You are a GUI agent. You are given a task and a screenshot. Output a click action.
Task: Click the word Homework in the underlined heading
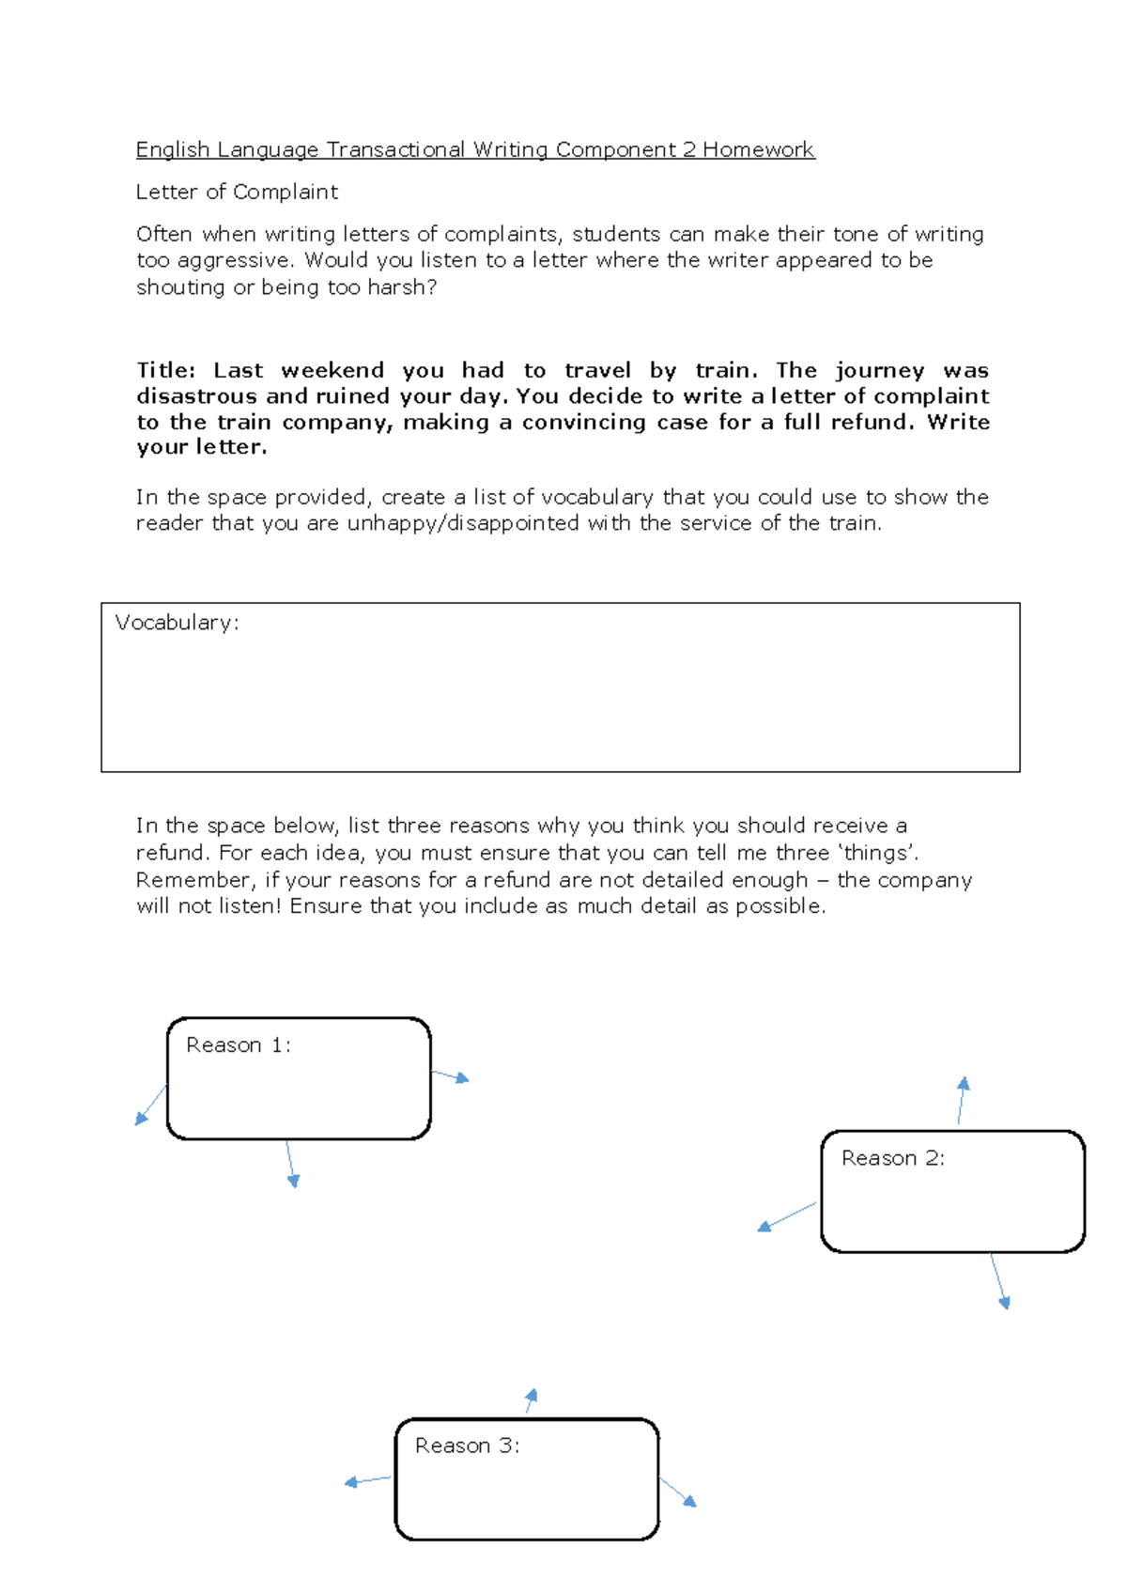point(758,149)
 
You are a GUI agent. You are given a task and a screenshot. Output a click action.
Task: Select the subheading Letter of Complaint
point(237,192)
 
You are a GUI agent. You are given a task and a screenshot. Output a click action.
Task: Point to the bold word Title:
point(166,370)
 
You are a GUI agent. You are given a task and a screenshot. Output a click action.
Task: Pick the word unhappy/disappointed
point(463,523)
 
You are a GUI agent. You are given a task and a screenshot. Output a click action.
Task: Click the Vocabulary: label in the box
point(177,622)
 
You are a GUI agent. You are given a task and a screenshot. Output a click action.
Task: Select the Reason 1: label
point(239,1044)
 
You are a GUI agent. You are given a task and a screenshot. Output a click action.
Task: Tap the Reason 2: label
point(892,1158)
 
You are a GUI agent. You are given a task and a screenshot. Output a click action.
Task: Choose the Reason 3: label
point(467,1446)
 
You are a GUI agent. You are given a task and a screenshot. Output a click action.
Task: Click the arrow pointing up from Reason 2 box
point(962,1100)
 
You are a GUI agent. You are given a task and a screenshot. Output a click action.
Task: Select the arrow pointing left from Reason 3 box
point(367,1480)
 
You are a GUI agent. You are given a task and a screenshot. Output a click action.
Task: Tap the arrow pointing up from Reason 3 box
point(531,1400)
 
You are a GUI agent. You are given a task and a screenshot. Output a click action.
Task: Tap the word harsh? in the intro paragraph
point(402,287)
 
